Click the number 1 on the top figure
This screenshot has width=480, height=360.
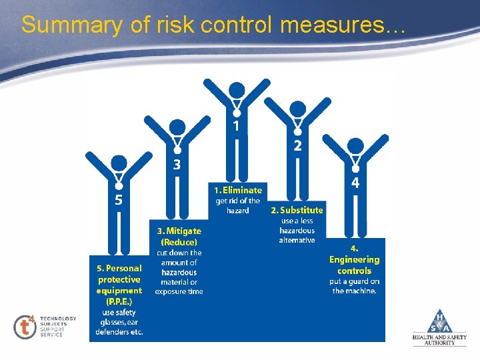tap(237, 125)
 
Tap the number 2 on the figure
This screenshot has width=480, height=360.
tap(298, 145)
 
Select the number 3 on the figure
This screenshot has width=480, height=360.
tap(177, 163)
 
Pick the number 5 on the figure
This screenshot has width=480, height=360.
tap(118, 199)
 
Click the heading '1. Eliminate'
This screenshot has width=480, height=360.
tap(238, 190)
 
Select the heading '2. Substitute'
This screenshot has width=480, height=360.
tap(297, 210)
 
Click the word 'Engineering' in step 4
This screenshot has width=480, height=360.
tap(354, 259)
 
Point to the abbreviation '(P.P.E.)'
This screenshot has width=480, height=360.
tap(119, 301)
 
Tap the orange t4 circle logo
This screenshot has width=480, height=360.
tap(25, 326)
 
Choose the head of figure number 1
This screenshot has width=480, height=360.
tap(237, 91)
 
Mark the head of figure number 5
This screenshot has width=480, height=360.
tap(119, 163)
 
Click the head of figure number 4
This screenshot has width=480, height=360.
tap(356, 146)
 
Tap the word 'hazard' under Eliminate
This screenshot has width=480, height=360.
tap(237, 210)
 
